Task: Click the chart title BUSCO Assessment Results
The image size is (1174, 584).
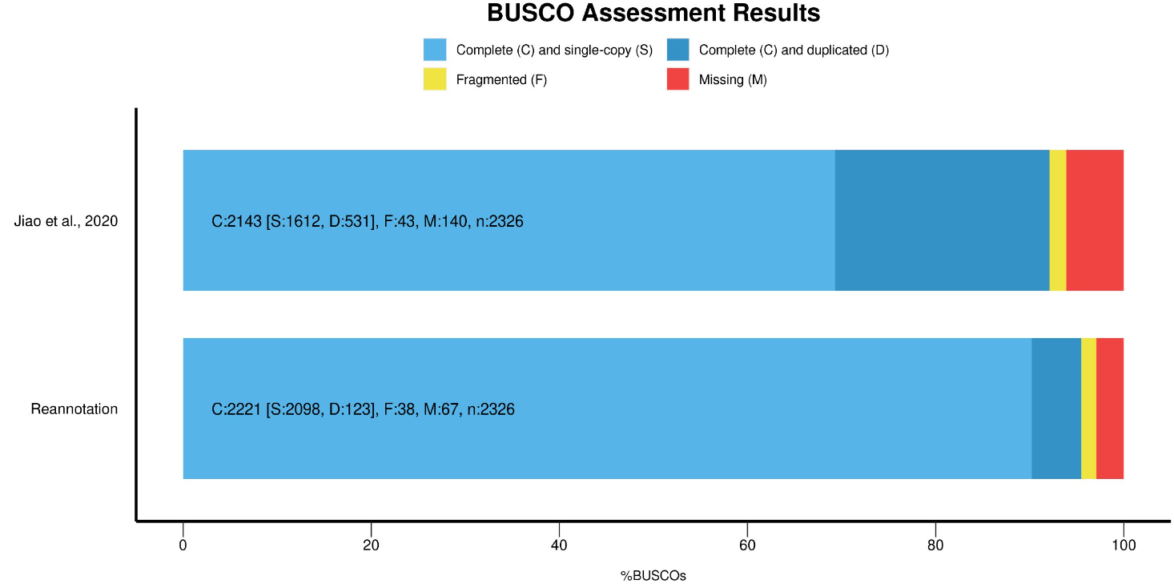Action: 653,14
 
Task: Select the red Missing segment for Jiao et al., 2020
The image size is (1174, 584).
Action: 1095,220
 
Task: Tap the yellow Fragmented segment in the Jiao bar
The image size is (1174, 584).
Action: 1057,220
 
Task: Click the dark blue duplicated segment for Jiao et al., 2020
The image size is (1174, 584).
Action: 942,220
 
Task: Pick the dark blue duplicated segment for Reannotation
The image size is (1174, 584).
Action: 1055,409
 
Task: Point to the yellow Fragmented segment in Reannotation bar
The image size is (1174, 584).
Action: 1088,409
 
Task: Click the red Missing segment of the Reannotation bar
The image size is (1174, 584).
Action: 1109,409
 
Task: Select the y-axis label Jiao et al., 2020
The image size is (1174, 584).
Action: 66,221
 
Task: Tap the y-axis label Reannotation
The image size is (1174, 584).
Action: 74,409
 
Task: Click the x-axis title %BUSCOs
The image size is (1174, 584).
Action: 653,575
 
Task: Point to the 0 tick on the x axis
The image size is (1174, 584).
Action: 183,546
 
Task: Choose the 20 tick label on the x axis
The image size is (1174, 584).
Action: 371,546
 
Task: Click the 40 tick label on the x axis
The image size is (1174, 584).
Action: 559,546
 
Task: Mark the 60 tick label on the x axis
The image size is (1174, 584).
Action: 747,546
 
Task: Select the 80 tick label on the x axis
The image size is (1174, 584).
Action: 935,546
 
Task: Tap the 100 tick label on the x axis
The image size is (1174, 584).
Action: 1123,546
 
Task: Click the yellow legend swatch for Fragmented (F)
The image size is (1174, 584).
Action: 435,79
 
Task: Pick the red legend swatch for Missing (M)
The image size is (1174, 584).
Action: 677,79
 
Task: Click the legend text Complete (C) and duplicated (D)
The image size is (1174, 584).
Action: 794,50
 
